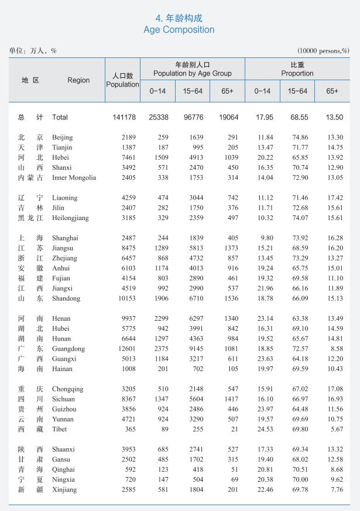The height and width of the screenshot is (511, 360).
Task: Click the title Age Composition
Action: (x=179, y=29)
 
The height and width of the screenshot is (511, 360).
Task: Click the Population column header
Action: (x=122, y=80)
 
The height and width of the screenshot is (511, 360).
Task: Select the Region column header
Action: (x=78, y=80)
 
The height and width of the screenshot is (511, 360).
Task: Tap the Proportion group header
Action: (x=297, y=69)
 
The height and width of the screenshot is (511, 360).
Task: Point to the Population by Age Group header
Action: (x=192, y=69)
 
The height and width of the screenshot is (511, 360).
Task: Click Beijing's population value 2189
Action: (x=127, y=138)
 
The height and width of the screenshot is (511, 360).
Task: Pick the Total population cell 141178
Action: (x=124, y=117)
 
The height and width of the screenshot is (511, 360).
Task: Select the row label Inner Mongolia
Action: (x=74, y=178)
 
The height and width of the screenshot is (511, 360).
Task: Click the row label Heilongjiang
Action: (x=70, y=218)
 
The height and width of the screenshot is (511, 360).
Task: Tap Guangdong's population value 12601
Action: (x=125, y=349)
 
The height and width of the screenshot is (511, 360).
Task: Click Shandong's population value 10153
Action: (x=125, y=299)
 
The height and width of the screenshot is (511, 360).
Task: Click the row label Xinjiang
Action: (x=64, y=489)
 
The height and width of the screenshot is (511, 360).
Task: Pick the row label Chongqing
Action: (x=68, y=389)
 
